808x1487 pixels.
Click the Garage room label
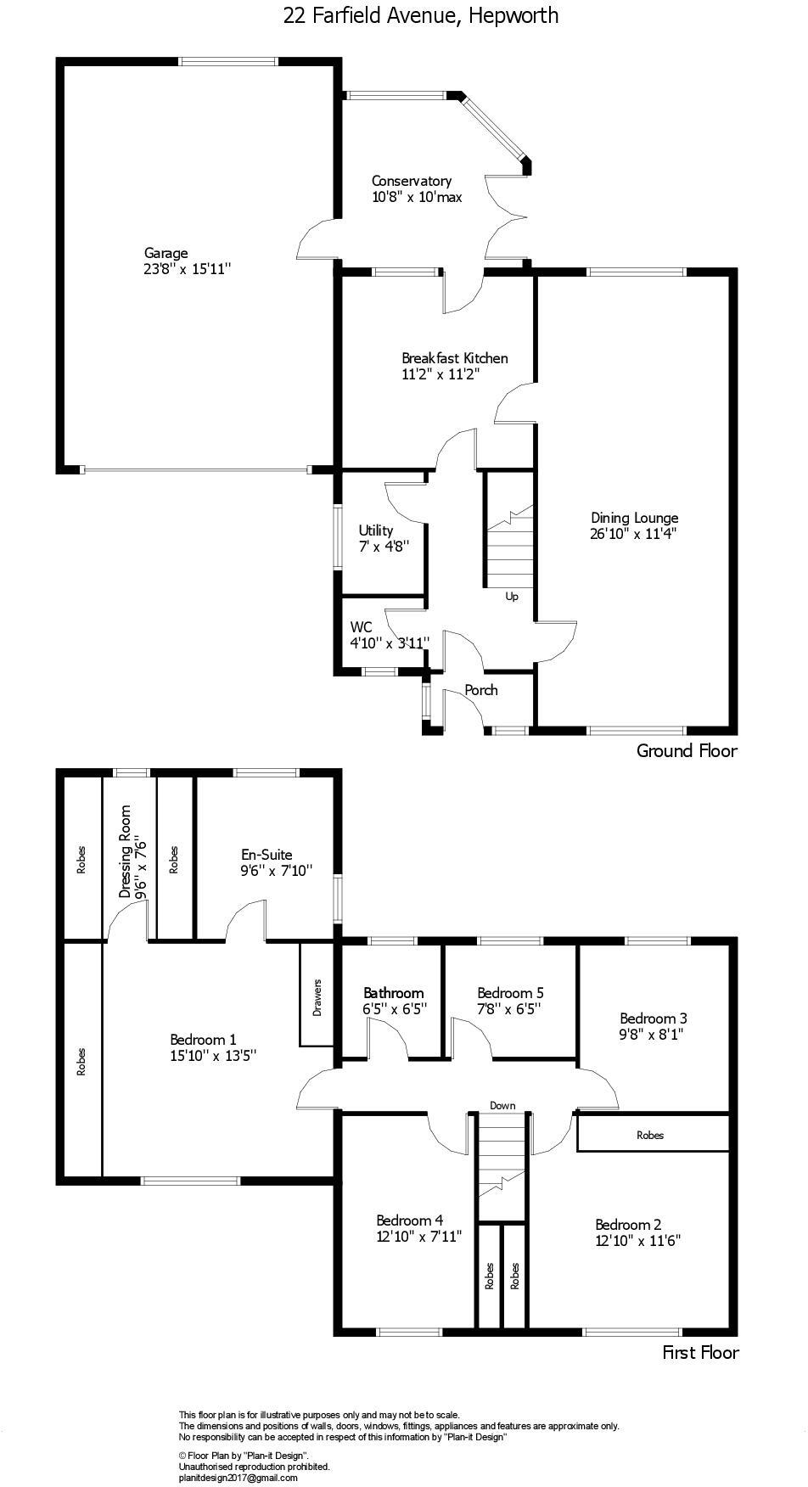click(x=166, y=253)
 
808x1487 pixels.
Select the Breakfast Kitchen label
click(x=454, y=358)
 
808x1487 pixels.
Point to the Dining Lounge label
click(x=634, y=518)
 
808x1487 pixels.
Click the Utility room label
click(x=375, y=530)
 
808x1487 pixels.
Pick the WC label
click(x=361, y=627)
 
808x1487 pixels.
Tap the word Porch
click(x=481, y=690)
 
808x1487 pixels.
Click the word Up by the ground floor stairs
click(x=512, y=597)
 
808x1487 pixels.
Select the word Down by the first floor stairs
click(x=502, y=1105)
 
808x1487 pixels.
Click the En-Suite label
click(x=266, y=855)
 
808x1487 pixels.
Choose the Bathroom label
click(x=393, y=993)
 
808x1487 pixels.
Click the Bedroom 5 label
click(x=510, y=993)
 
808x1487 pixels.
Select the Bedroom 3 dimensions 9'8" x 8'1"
click(x=652, y=1035)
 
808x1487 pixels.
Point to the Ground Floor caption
click(x=687, y=750)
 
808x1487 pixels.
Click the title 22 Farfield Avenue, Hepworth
click(x=421, y=15)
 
